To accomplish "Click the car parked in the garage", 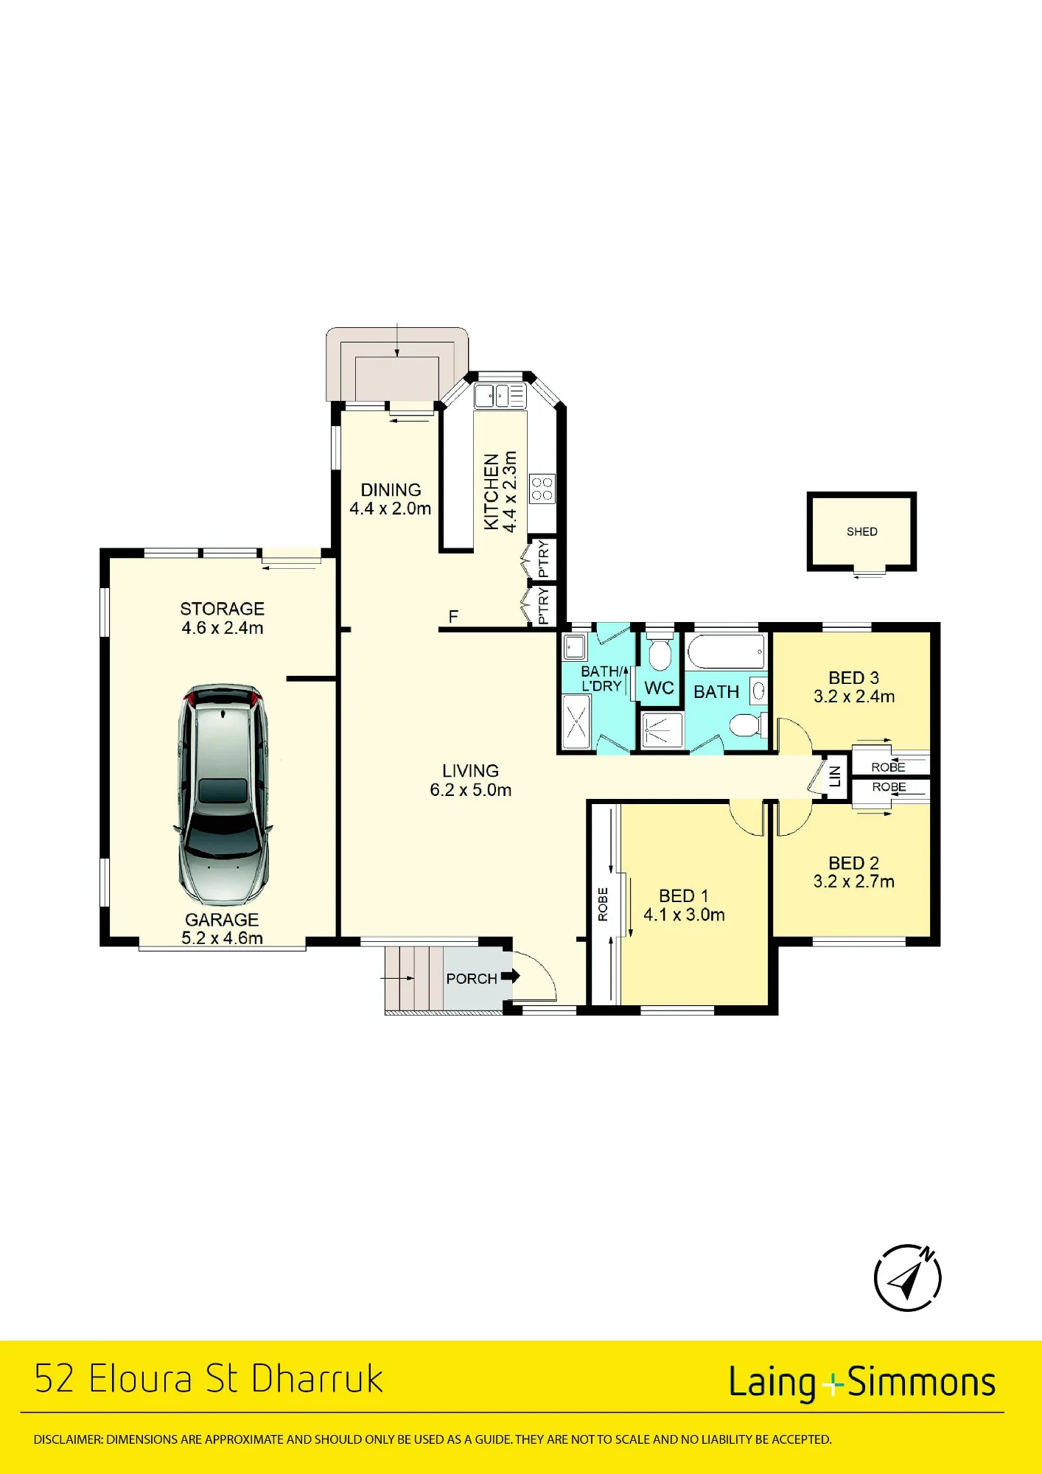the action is pyautogui.click(x=223, y=794).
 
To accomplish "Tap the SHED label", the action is pyautogui.click(x=861, y=531).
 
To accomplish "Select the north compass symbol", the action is pyautogui.click(x=907, y=1278).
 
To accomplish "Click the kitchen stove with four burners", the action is pyautogui.click(x=542, y=489).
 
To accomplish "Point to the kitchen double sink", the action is pyautogui.click(x=500, y=396).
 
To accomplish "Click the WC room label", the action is pyautogui.click(x=659, y=688).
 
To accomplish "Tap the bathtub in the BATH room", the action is pyautogui.click(x=726, y=652).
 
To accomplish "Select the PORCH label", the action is pyautogui.click(x=472, y=979).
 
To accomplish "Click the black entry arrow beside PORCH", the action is pyautogui.click(x=511, y=976).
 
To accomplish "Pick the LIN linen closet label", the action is pyautogui.click(x=835, y=776).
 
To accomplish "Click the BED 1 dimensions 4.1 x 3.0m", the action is pyautogui.click(x=684, y=915).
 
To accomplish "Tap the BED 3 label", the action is pyautogui.click(x=853, y=678).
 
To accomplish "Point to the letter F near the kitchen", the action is pyautogui.click(x=453, y=616).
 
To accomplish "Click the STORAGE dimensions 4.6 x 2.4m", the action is pyautogui.click(x=223, y=628).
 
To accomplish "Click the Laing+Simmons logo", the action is pyautogui.click(x=862, y=1383).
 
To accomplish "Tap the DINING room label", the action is pyautogui.click(x=391, y=490).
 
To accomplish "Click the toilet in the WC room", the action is pyautogui.click(x=660, y=650).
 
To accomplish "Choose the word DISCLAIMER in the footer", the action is pyautogui.click(x=68, y=1439).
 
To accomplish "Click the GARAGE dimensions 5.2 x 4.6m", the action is pyautogui.click(x=223, y=938).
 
